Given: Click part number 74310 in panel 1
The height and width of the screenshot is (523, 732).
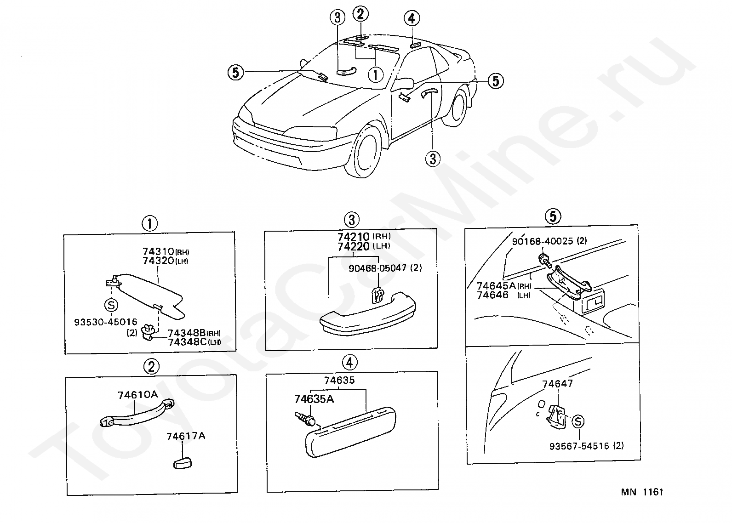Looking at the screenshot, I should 158,252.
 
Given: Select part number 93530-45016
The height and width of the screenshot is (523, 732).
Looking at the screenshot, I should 105,322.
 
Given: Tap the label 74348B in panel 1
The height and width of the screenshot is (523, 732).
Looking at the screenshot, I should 186,333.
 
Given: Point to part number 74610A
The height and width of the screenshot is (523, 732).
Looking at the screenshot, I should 137,395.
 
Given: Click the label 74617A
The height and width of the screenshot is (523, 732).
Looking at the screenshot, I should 186,436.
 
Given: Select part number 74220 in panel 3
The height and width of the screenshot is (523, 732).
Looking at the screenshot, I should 353,247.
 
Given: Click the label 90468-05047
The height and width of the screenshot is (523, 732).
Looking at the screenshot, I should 377,268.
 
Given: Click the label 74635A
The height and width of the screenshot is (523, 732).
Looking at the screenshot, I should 314,399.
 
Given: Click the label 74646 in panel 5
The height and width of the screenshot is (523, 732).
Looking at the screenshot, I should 492,295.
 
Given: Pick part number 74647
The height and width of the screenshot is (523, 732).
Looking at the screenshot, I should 557,383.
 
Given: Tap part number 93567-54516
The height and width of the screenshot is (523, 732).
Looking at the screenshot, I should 579,446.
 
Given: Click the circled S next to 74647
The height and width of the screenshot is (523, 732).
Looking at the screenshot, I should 578,421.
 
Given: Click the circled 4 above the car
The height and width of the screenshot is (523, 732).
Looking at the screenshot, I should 412,18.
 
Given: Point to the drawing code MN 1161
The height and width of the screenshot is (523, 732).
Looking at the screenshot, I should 642,492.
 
